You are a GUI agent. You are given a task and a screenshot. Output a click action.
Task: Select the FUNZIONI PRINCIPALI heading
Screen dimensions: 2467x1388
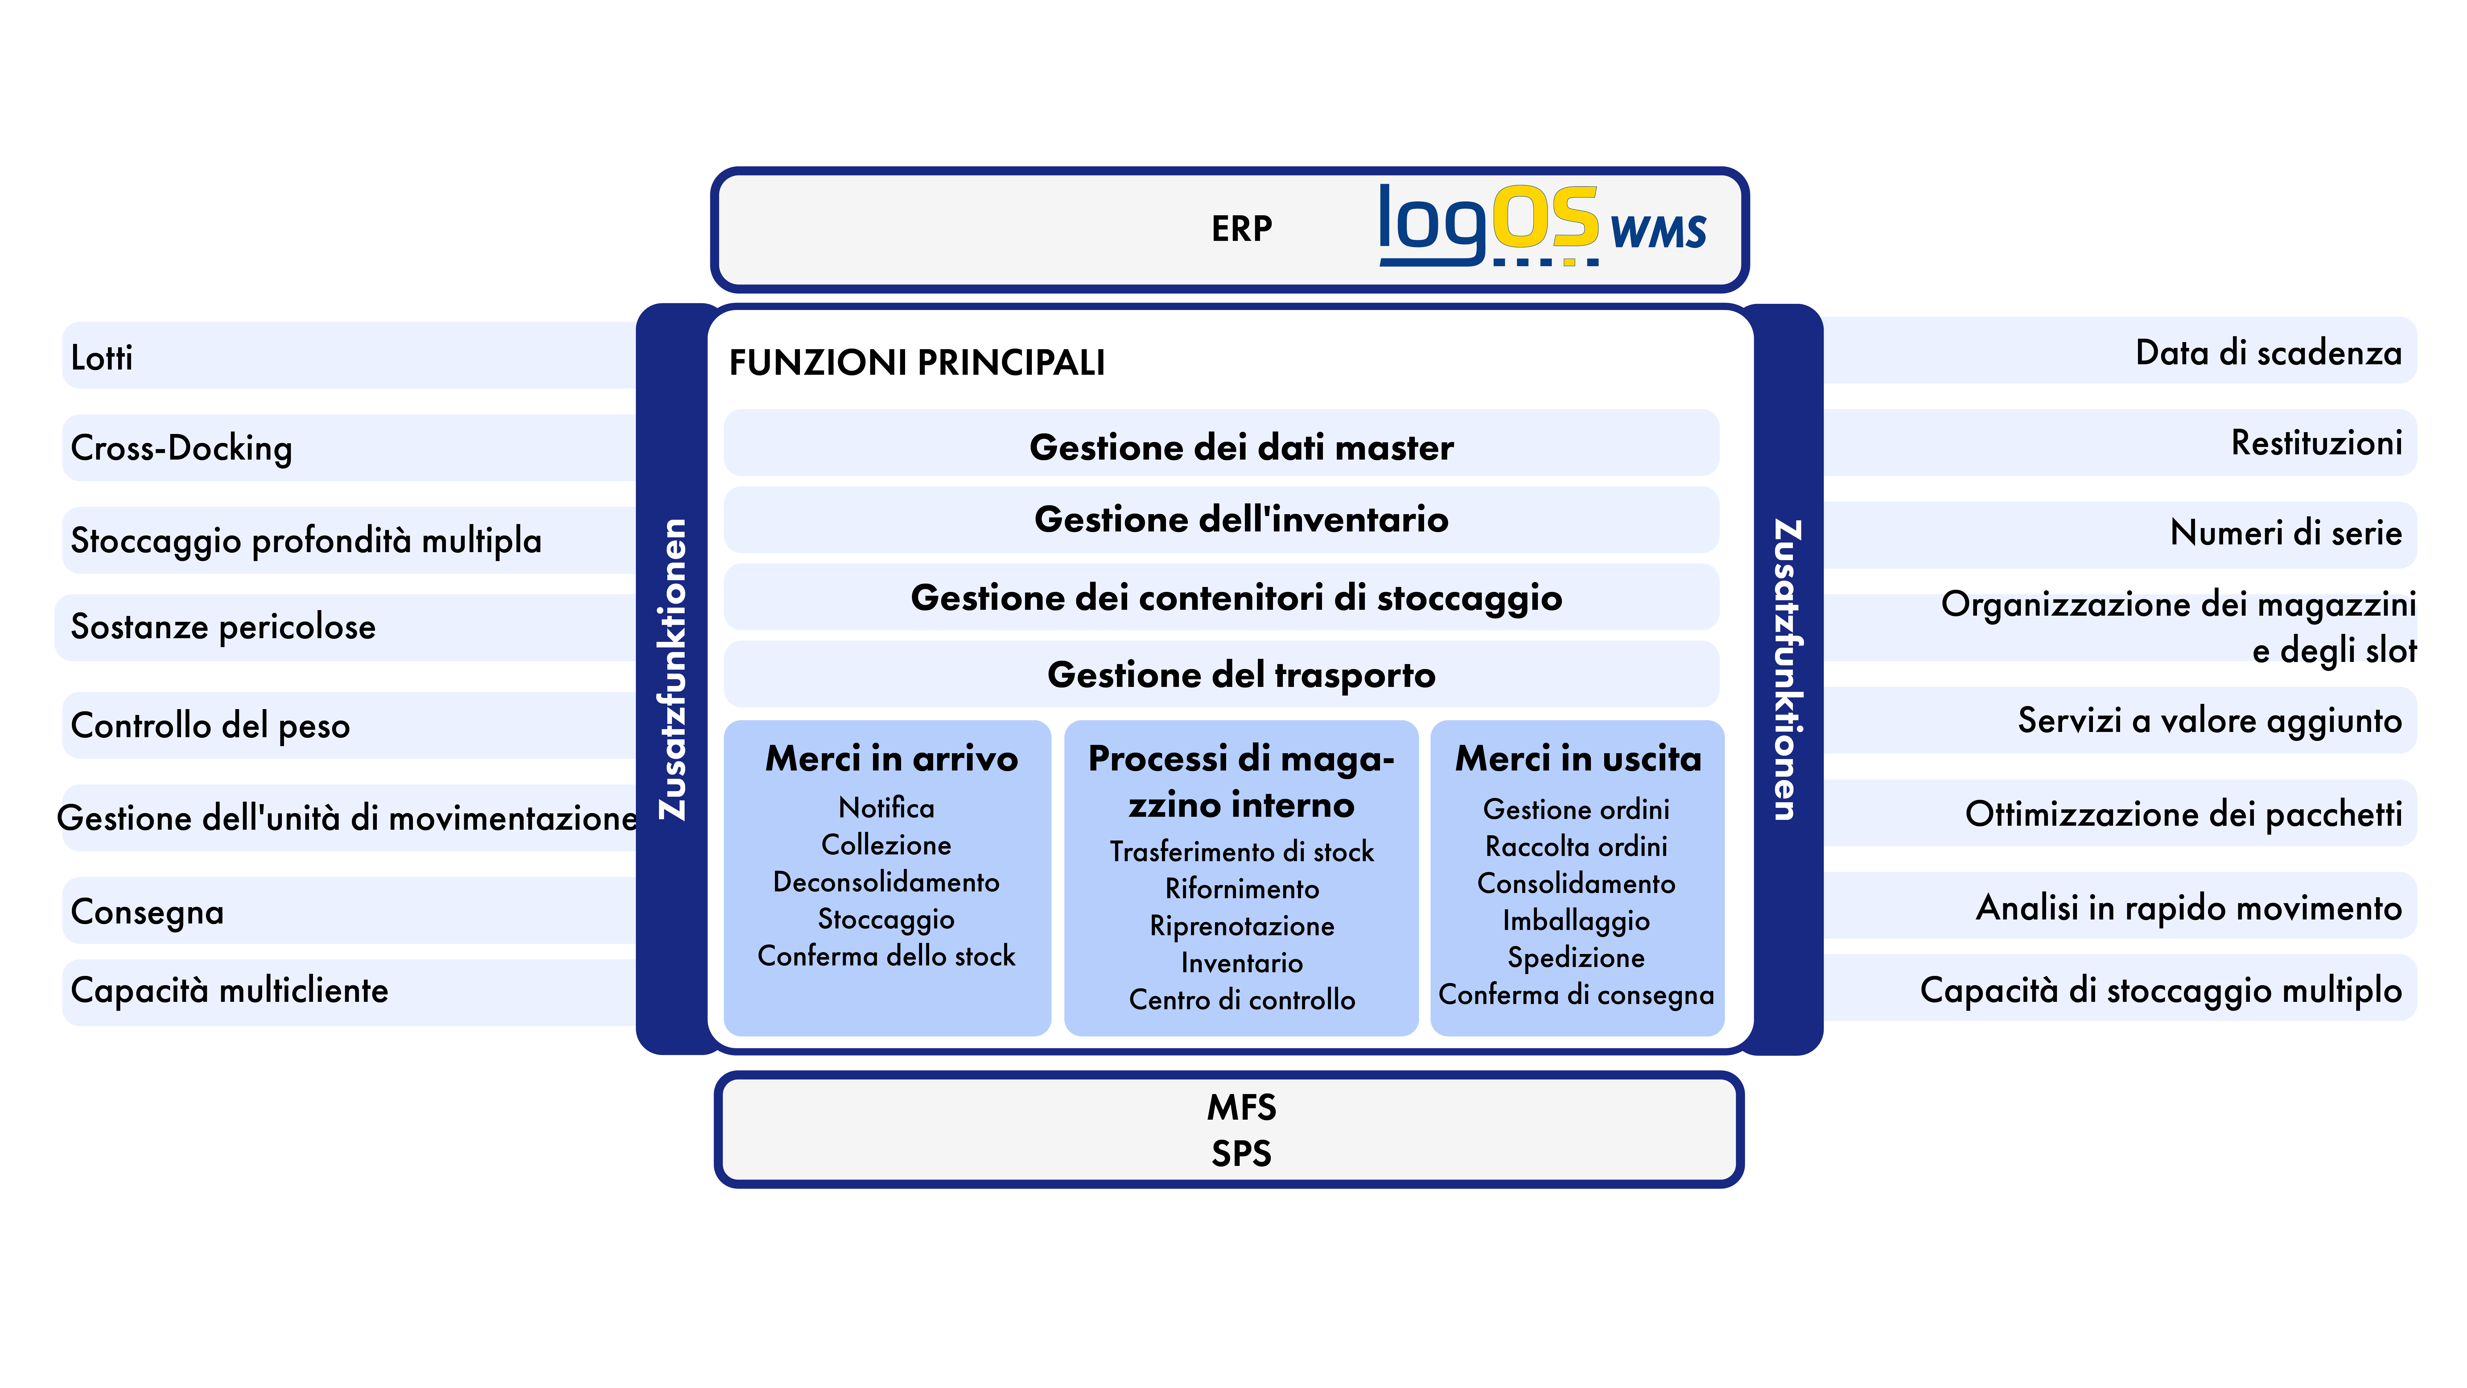point(916,363)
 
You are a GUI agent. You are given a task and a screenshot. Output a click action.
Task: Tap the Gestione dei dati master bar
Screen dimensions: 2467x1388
point(1221,444)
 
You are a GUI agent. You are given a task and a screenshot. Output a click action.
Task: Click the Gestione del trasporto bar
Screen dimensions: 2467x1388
point(1221,674)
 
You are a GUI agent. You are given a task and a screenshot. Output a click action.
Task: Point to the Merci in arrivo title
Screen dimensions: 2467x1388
point(892,759)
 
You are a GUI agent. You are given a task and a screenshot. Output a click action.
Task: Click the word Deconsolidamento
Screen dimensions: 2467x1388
point(886,881)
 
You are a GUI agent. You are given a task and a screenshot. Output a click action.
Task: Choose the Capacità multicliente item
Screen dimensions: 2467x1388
point(230,989)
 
